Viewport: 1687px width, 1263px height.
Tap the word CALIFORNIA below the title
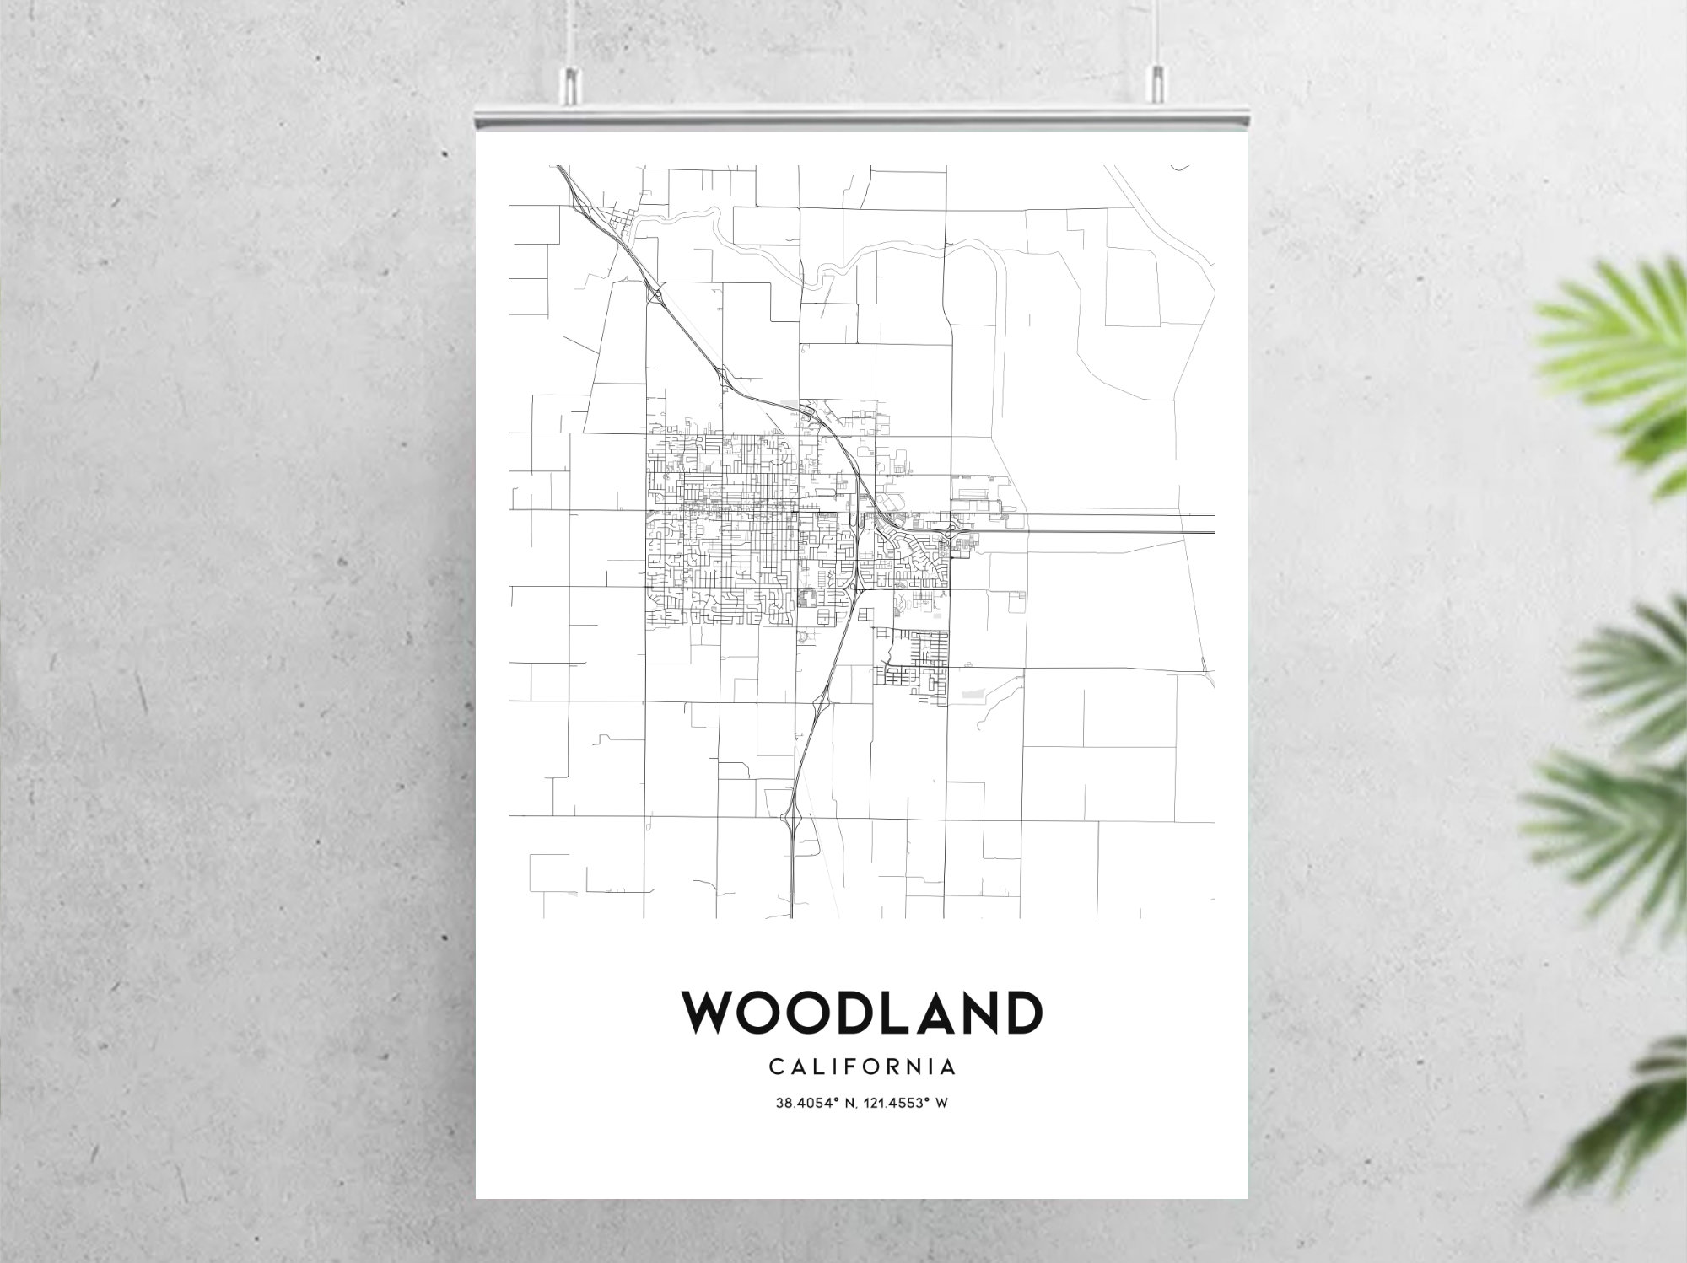coord(862,1067)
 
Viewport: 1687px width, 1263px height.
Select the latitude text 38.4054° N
coord(813,1103)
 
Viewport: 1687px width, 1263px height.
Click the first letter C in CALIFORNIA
coord(775,1067)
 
